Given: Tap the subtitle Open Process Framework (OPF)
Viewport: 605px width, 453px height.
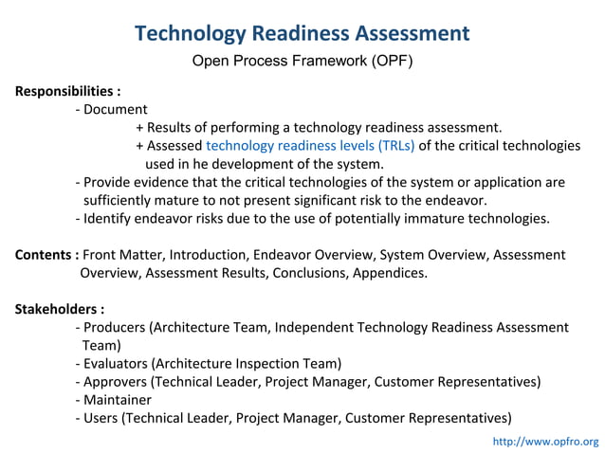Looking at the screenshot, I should click(302, 62).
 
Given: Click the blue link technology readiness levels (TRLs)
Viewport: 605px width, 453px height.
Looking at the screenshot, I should click(310, 146).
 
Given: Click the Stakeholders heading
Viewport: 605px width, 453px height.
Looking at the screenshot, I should click(60, 309).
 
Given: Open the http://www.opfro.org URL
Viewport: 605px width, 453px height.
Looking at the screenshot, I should click(546, 442).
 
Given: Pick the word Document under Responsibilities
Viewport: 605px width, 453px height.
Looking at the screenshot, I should click(116, 110).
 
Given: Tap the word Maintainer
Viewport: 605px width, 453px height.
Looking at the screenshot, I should click(118, 399).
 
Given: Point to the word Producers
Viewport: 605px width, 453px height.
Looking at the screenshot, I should click(115, 327).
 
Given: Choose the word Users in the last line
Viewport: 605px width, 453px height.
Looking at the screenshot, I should click(101, 417).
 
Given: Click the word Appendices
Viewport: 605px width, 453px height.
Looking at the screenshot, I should click(390, 273).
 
